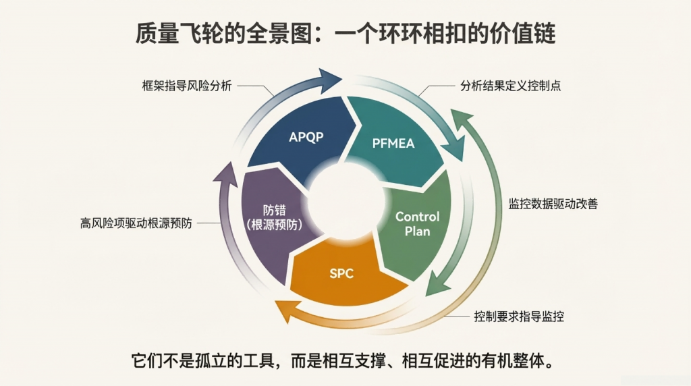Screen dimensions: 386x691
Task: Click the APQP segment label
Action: click(x=306, y=137)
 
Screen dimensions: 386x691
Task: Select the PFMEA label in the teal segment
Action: click(x=393, y=143)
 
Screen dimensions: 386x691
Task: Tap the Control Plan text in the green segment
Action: click(x=417, y=223)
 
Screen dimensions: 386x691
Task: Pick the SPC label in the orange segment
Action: click(x=341, y=273)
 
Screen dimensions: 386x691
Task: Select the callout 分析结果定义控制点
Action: click(x=511, y=86)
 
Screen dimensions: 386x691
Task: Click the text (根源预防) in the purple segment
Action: click(x=274, y=224)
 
